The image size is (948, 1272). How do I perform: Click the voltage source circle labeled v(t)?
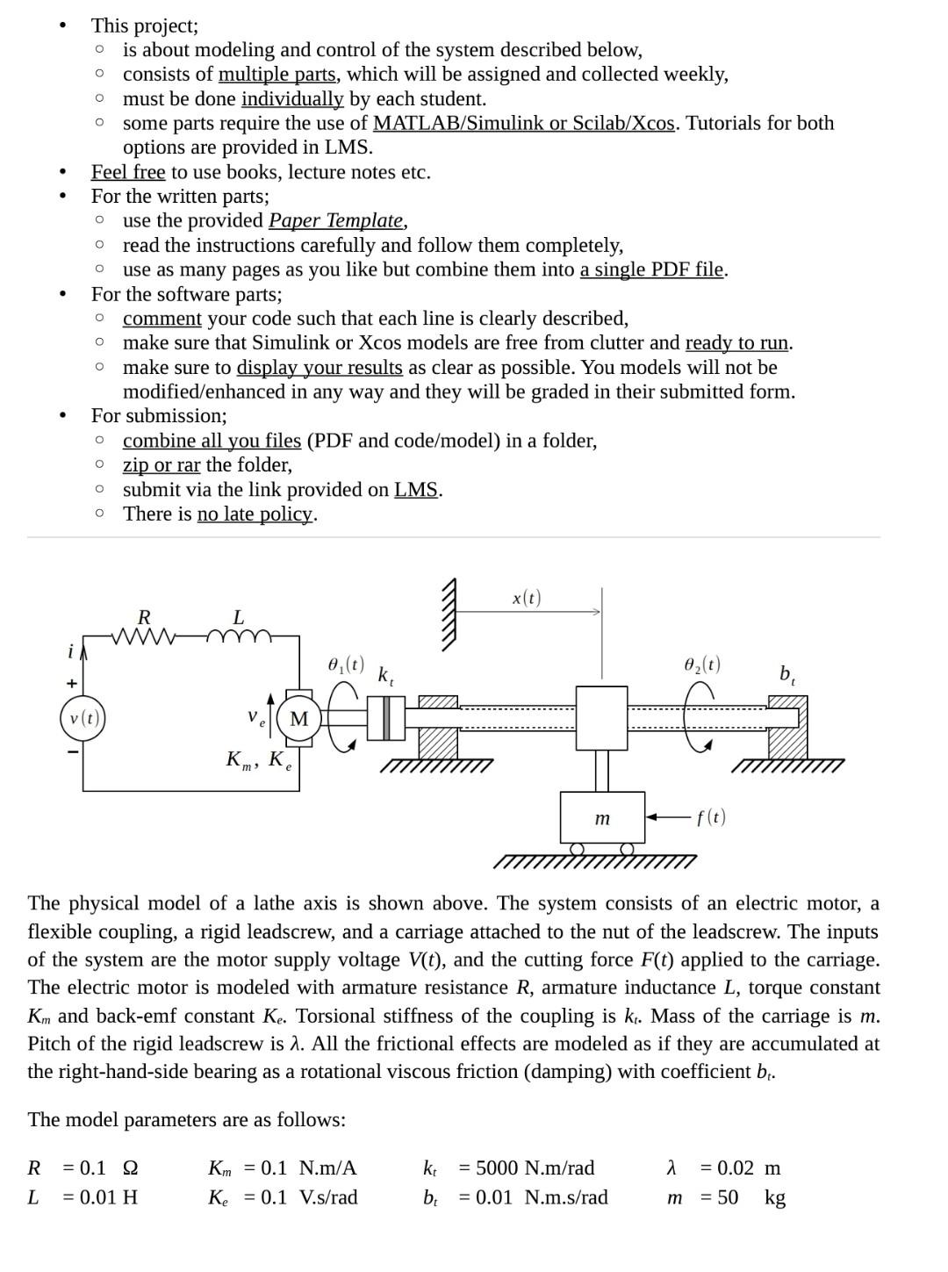[x=83, y=719]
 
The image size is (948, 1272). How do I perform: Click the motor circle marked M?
[x=299, y=719]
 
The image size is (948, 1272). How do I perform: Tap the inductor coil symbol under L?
[x=238, y=635]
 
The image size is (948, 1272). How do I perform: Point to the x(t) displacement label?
[x=527, y=598]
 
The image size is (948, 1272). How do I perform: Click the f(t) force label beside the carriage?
[x=711, y=817]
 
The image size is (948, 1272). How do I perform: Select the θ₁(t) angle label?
[x=346, y=665]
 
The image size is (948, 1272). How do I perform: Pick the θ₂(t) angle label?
[x=702, y=665]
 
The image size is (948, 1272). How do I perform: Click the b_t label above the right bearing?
[x=787, y=674]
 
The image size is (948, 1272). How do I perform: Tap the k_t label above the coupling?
[x=385, y=676]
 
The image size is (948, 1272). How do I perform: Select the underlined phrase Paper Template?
[x=336, y=220]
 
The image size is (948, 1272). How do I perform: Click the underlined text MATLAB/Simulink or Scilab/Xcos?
[x=524, y=123]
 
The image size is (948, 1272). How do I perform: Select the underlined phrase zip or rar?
[x=162, y=465]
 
